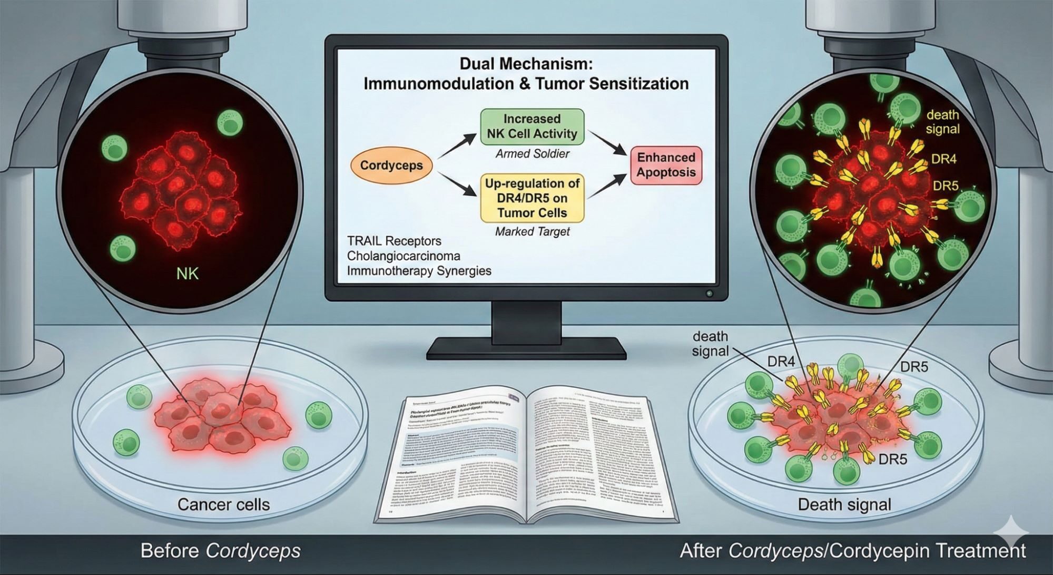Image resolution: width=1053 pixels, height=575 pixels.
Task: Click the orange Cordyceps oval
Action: click(x=391, y=165)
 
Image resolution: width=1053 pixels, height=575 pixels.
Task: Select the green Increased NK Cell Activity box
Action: click(x=532, y=126)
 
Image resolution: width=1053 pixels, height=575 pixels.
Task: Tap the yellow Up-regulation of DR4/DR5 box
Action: click(x=532, y=198)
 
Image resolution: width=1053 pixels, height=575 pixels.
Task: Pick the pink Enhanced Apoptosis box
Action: click(x=666, y=165)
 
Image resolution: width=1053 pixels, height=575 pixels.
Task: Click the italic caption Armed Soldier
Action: click(x=532, y=153)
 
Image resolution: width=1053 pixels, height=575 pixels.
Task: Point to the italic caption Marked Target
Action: click(x=532, y=231)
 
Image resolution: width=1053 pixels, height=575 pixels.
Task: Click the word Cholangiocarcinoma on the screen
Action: click(x=404, y=256)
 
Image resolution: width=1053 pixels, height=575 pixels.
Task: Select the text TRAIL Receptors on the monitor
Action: click(x=394, y=241)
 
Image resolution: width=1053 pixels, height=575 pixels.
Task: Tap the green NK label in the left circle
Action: click(x=187, y=274)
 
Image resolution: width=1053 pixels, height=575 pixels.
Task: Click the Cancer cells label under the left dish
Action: click(x=223, y=504)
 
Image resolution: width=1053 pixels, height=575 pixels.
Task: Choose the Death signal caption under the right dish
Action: click(x=844, y=504)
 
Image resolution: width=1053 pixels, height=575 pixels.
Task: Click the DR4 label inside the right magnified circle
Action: click(x=943, y=158)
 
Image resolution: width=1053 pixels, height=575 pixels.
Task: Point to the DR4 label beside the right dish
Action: click(x=781, y=362)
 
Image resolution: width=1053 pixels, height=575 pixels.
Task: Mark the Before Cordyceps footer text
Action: click(x=220, y=551)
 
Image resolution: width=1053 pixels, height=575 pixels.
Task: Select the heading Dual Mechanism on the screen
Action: click(x=526, y=64)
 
